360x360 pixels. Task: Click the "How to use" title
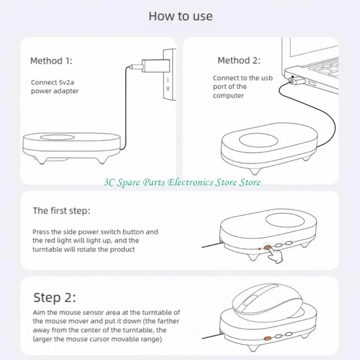pyautogui.click(x=180, y=16)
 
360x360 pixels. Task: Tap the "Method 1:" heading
pyautogui.click(x=51, y=61)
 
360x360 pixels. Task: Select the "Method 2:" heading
pyautogui.click(x=239, y=60)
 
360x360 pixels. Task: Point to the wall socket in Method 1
pyautogui.click(x=169, y=75)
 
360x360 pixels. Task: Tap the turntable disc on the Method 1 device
pyautogui.click(x=57, y=137)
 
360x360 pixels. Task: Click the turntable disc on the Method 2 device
pyautogui.click(x=258, y=140)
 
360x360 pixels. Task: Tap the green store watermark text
pyautogui.click(x=182, y=182)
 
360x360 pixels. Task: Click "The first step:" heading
pyautogui.click(x=62, y=211)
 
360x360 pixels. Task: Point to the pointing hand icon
pyautogui.click(x=276, y=255)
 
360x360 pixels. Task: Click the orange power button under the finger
pyautogui.click(x=267, y=247)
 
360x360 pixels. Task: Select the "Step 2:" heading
pyautogui.click(x=54, y=297)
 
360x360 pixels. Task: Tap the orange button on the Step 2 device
pyautogui.click(x=267, y=338)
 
